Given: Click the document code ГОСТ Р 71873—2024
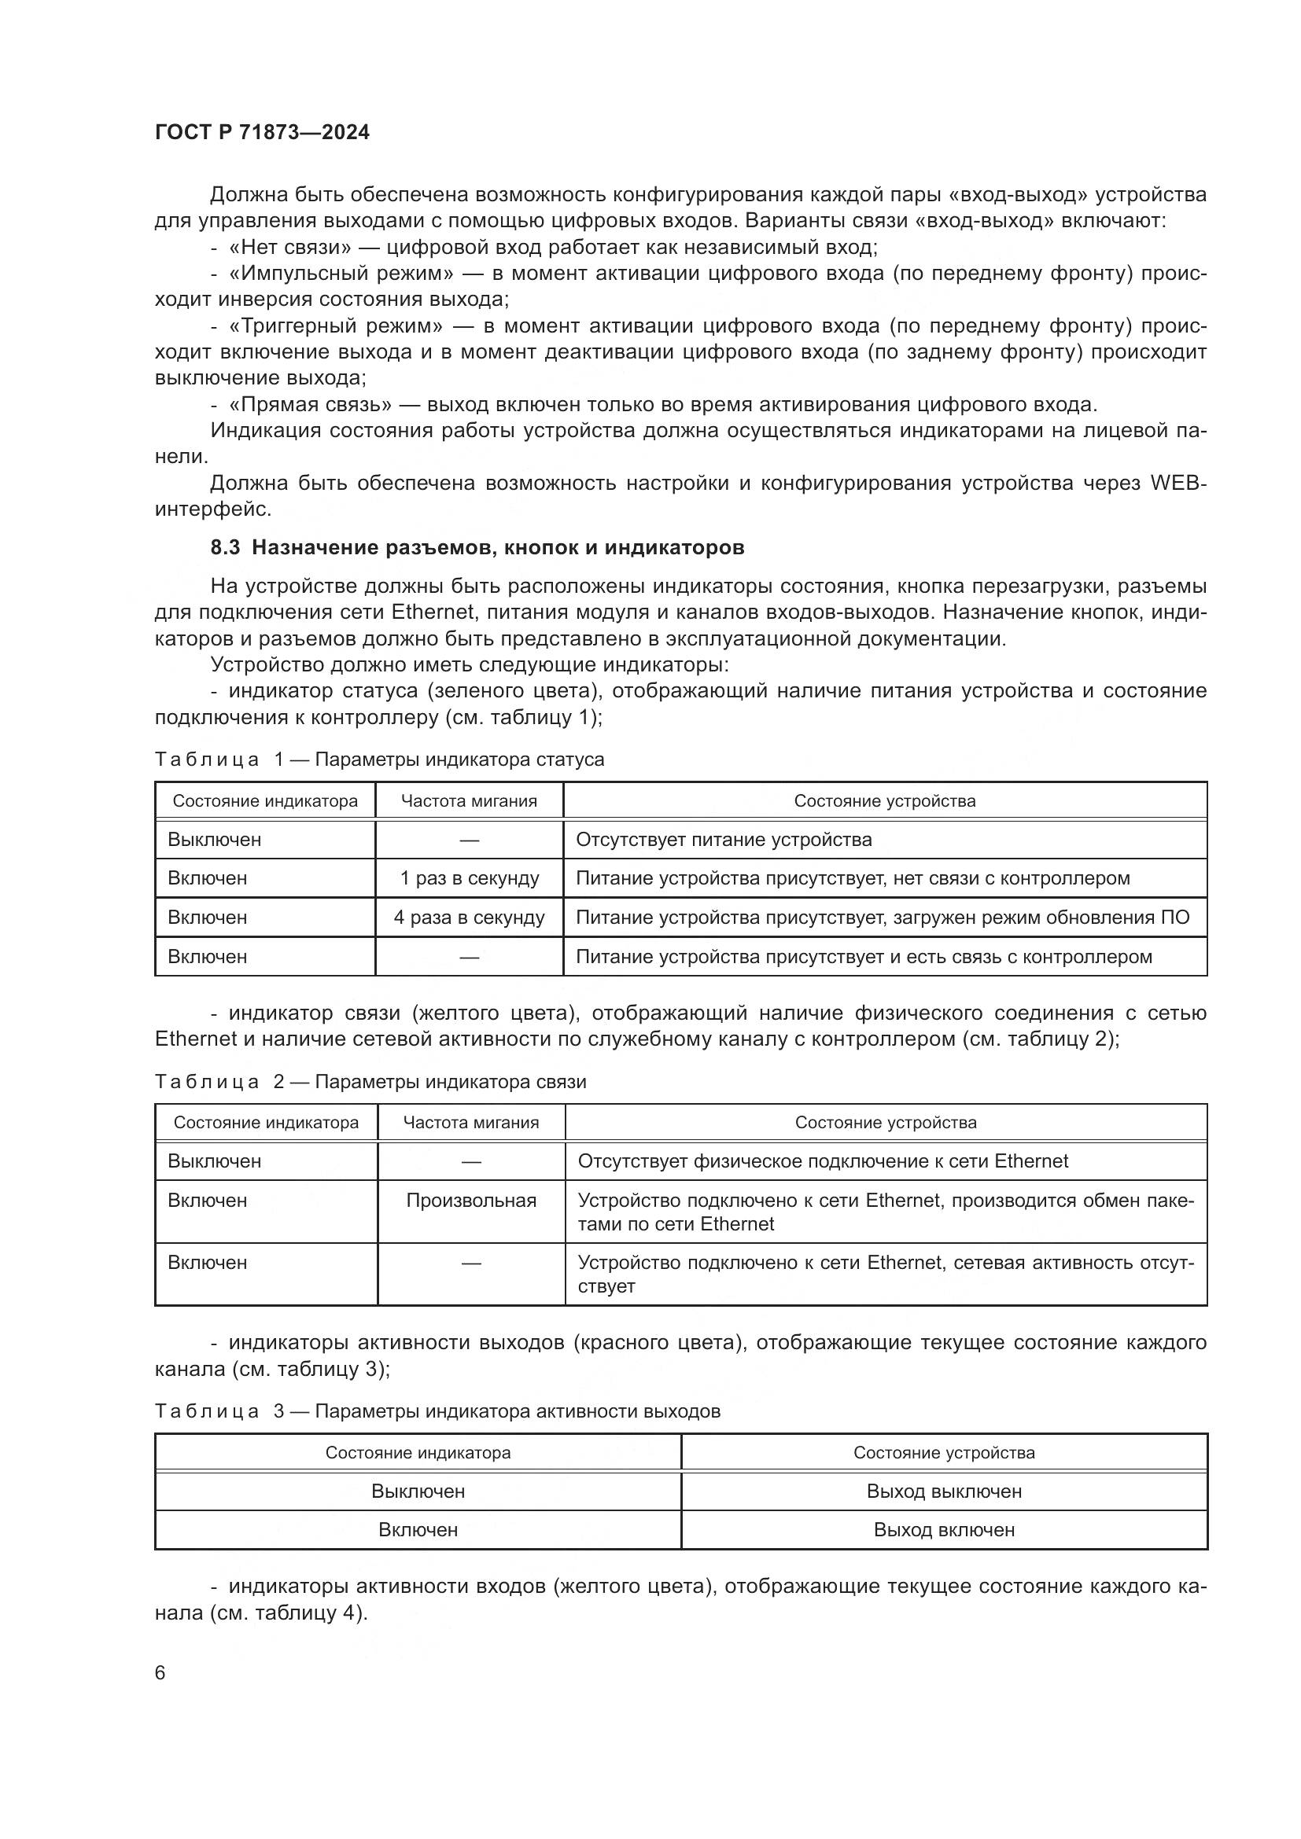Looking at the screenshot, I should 262,133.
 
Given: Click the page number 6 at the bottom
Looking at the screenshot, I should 160,1672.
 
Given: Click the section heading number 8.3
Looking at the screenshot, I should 225,548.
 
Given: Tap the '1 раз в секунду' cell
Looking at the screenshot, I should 470,878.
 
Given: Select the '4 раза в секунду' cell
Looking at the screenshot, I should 470,917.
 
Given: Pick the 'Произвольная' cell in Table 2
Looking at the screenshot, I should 471,1200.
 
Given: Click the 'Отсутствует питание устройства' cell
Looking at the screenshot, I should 724,840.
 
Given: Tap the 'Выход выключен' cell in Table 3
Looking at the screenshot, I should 944,1491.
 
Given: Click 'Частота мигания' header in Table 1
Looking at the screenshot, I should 470,801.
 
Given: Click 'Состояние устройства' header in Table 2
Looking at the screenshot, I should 885,1122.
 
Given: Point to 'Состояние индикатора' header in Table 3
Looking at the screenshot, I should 418,1452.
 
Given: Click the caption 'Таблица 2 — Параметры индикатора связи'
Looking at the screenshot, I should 370,1081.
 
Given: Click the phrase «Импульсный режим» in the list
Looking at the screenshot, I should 341,274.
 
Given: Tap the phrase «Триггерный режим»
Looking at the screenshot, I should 336,326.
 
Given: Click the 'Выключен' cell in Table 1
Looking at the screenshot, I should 215,840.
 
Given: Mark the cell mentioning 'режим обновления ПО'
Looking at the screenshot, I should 883,917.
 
